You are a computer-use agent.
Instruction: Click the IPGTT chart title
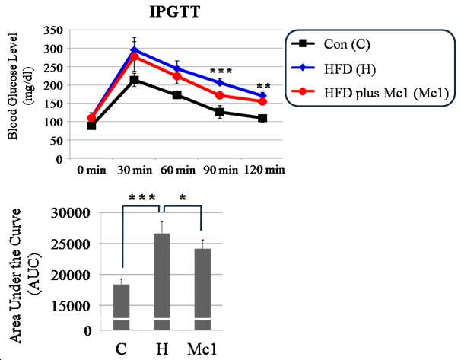tap(175, 12)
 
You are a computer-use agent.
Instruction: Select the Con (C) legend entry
tap(330, 44)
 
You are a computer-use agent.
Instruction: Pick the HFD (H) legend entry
tap(333, 68)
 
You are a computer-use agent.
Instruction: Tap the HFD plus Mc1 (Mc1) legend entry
tap(370, 93)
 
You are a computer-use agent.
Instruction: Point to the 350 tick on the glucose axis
tap(53, 30)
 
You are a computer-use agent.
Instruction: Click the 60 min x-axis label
tap(178, 170)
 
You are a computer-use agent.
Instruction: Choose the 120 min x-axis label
tap(264, 170)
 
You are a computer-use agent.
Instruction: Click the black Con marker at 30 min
tap(135, 80)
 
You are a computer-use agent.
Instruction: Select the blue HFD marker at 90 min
tap(220, 83)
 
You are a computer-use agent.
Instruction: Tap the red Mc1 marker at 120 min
tap(262, 101)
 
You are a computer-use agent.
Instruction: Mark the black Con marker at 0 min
tap(91, 126)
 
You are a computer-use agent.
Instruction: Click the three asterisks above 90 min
tap(221, 71)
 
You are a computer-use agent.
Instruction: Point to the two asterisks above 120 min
tap(263, 86)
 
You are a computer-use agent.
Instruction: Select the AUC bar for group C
tap(121, 307)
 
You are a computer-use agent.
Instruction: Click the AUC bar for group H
tap(162, 282)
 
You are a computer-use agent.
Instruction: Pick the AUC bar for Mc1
tap(202, 289)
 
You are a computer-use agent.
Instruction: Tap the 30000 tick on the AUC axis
tap(70, 212)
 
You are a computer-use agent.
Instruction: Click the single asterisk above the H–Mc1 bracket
tap(183, 197)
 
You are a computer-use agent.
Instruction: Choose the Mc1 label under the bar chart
tap(202, 349)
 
